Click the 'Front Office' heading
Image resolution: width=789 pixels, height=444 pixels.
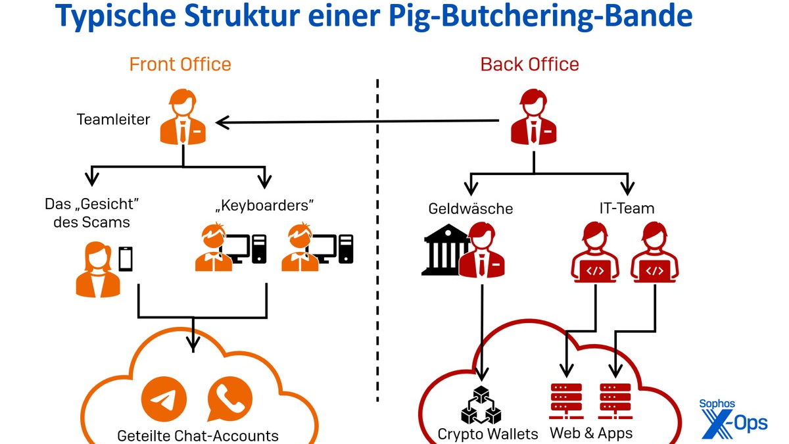(180, 64)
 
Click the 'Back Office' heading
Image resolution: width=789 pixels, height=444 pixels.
(529, 64)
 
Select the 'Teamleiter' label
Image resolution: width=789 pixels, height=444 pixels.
(113, 120)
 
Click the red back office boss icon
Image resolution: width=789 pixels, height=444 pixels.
(533, 118)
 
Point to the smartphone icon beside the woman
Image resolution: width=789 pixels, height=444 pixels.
(125, 259)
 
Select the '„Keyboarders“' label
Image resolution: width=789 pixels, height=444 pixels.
(264, 205)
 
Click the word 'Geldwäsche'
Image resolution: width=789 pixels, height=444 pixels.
(470, 209)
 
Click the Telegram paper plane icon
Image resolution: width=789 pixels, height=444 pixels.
(164, 399)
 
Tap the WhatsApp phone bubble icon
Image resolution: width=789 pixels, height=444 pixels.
(229, 399)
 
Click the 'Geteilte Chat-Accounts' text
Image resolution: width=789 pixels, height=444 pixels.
(197, 435)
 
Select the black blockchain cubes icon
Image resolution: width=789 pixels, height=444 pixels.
(481, 405)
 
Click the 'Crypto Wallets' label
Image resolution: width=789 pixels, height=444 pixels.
(488, 434)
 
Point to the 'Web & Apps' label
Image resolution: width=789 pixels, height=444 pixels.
(591, 433)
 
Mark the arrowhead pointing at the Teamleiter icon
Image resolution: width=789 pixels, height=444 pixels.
(222, 122)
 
